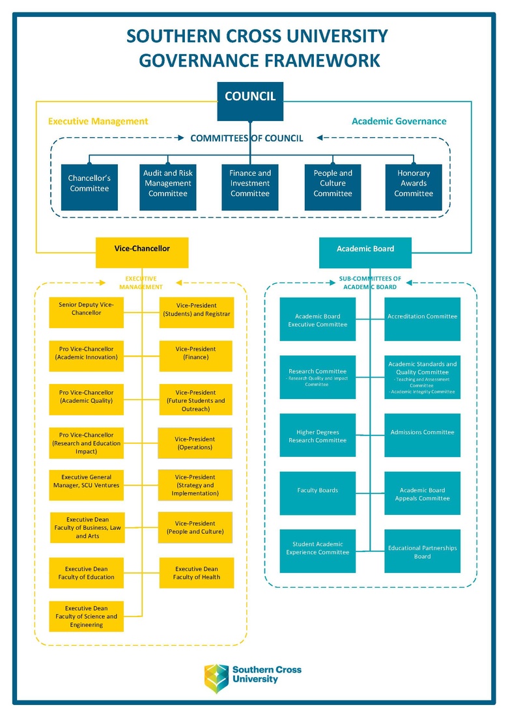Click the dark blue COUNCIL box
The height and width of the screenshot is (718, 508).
[250, 101]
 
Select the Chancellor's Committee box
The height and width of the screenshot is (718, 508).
[89, 187]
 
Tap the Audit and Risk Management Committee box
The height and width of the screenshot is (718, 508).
[168, 187]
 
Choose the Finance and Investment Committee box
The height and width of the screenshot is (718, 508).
[250, 187]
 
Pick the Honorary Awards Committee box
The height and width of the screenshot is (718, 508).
[414, 187]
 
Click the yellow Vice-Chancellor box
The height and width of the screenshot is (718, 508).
[142, 252]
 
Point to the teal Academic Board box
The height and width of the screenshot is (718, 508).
[365, 253]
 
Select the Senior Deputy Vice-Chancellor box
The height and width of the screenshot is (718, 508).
[86, 312]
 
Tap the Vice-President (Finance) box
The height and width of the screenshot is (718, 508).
[195, 356]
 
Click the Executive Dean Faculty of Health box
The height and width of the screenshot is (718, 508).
[196, 573]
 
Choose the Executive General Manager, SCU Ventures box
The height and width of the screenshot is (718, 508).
[86, 485]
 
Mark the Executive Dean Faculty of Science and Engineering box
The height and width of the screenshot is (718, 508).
[86, 616]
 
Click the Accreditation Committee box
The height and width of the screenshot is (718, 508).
[422, 319]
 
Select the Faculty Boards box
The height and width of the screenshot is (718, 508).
[318, 493]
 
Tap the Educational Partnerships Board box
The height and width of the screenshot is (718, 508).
[422, 551]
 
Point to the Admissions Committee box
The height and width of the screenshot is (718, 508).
[422, 435]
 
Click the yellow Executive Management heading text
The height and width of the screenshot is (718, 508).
[98, 121]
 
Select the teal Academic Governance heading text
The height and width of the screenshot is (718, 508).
[399, 121]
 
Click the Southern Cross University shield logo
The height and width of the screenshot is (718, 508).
[216, 678]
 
